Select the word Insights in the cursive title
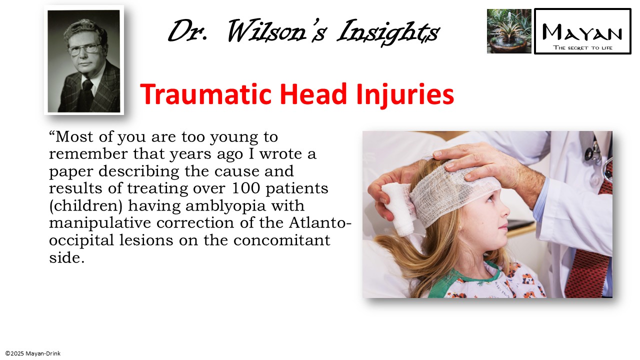(388, 32)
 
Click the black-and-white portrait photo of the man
(84, 60)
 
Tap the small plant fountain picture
(509, 31)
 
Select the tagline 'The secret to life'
(582, 48)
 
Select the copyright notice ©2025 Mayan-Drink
(33, 353)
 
